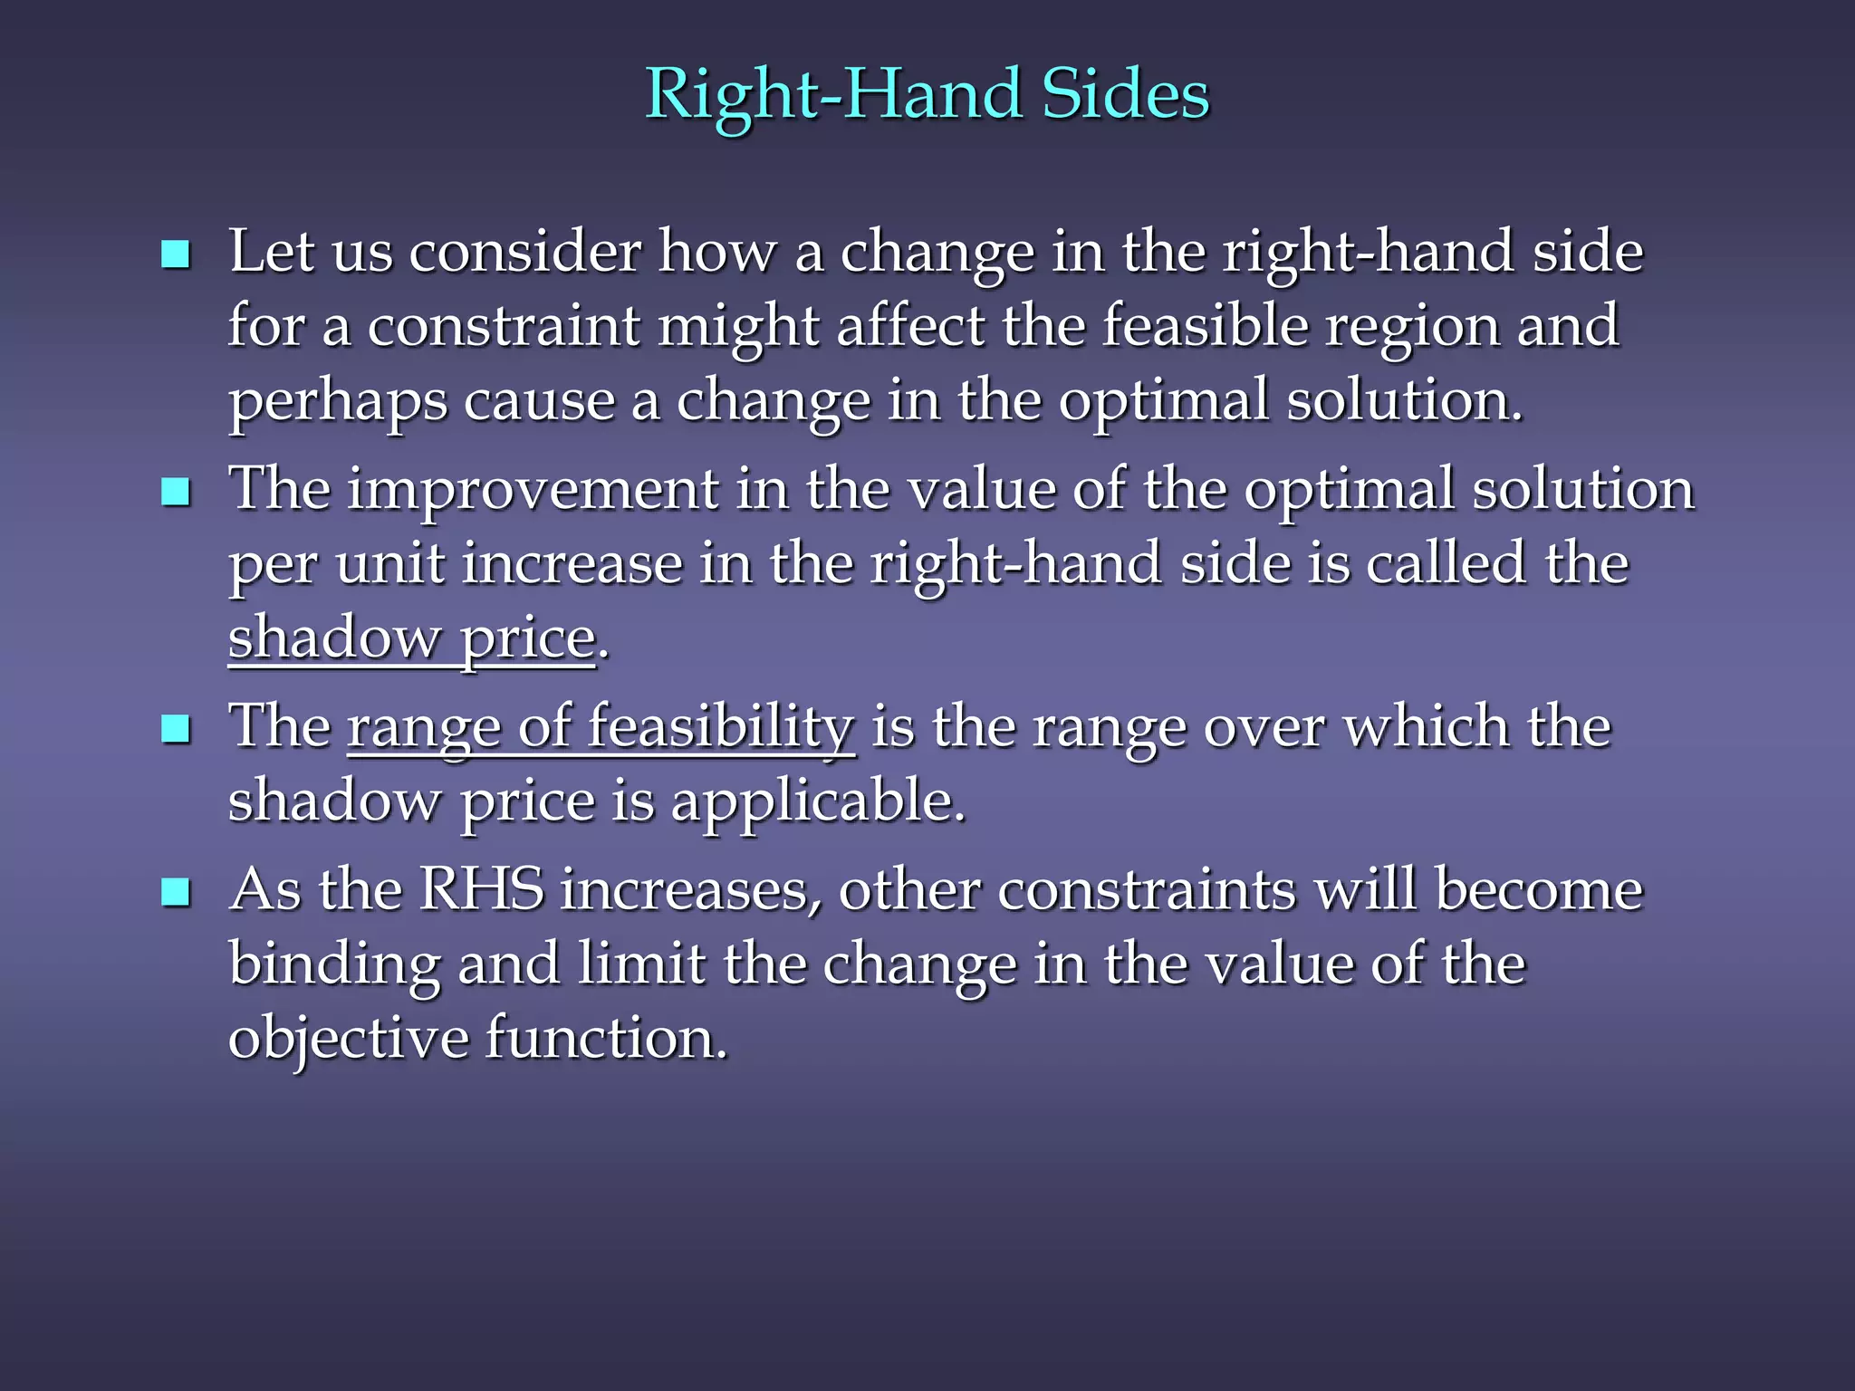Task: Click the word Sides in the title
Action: (1125, 94)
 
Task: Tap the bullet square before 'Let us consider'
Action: (175, 254)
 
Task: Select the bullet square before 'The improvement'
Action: (175, 492)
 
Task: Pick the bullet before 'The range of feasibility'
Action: (175, 728)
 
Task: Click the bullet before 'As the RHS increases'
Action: (175, 892)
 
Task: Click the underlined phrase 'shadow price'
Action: (411, 639)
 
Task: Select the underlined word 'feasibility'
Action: (721, 728)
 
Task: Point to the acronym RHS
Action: (481, 889)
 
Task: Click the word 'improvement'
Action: (533, 490)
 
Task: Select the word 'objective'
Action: (348, 1039)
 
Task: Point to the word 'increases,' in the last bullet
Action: (691, 891)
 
